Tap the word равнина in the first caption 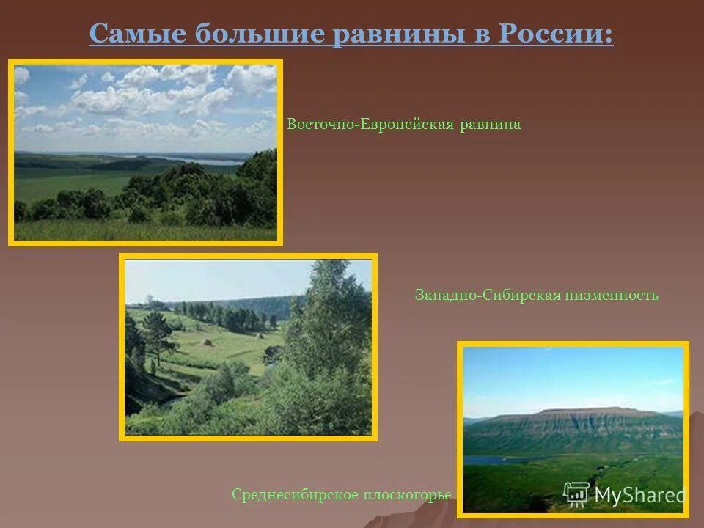click(491, 125)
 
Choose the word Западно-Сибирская click(487, 296)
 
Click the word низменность click(612, 296)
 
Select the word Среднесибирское click(294, 495)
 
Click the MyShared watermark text click(639, 495)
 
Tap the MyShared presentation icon click(576, 494)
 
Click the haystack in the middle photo click(208, 341)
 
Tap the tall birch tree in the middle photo click(330, 323)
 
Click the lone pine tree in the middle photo click(158, 334)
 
